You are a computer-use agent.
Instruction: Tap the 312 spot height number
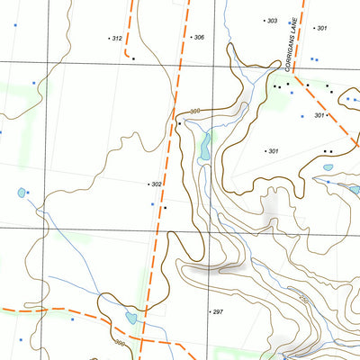(116, 39)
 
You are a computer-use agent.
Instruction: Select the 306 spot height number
(198, 37)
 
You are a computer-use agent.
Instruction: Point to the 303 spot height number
(272, 20)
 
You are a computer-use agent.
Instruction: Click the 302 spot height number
(157, 184)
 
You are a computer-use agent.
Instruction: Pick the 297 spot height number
(217, 311)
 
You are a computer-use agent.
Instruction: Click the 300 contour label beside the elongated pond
(194, 112)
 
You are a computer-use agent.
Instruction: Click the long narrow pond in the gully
(205, 146)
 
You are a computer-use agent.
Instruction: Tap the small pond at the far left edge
(21, 193)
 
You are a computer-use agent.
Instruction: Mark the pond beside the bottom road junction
(131, 318)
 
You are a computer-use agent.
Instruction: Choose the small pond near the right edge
(328, 167)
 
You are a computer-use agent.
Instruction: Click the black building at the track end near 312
(133, 58)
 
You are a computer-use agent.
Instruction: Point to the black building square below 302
(165, 207)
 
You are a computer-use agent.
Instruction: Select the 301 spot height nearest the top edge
(321, 28)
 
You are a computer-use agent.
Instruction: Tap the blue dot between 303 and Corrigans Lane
(289, 22)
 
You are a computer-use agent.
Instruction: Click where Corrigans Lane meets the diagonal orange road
(295, 76)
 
